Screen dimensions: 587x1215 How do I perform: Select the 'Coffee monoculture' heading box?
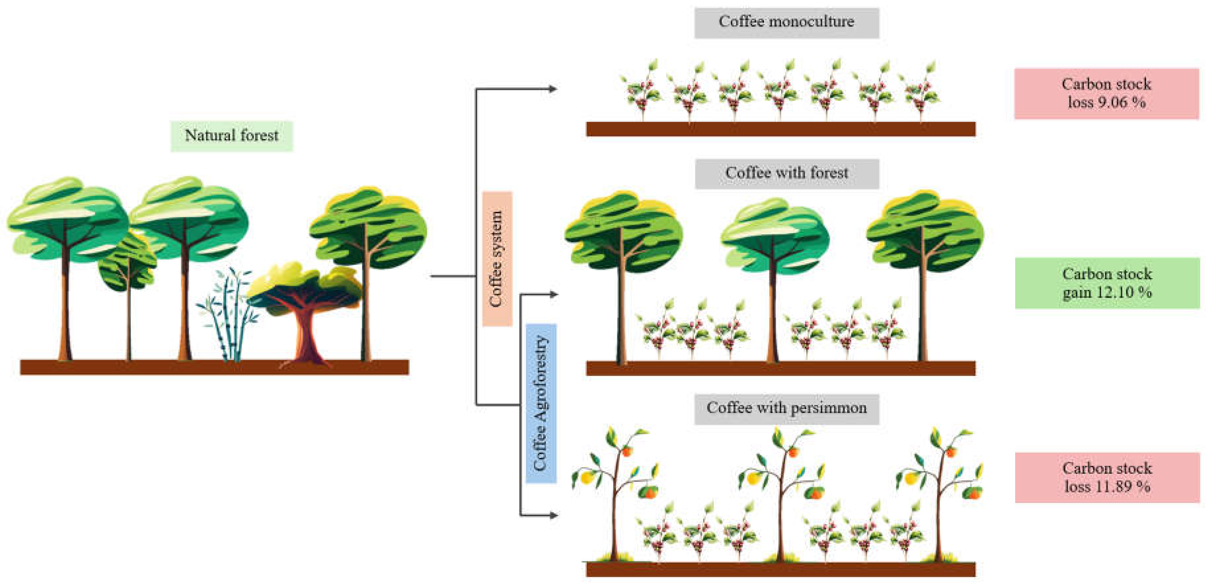[x=786, y=22]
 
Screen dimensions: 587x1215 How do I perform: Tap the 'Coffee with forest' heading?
[x=786, y=173]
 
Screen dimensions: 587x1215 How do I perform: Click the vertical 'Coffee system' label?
[x=497, y=259]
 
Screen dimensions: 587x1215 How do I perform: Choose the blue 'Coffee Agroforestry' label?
[x=541, y=403]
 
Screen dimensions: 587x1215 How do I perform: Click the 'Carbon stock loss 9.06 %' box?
[x=1106, y=94]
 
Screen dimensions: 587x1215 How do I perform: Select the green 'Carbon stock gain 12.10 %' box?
[x=1107, y=283]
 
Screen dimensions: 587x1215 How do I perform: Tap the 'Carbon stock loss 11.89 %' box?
[x=1107, y=477]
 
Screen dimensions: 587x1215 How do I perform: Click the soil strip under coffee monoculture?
[x=780, y=129]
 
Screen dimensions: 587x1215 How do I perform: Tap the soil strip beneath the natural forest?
[x=214, y=367]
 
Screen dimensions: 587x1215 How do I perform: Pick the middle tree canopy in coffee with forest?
[x=774, y=233]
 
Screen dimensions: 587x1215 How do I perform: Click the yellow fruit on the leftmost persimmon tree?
[x=586, y=478]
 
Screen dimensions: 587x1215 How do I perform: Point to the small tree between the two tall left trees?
[x=127, y=264]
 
